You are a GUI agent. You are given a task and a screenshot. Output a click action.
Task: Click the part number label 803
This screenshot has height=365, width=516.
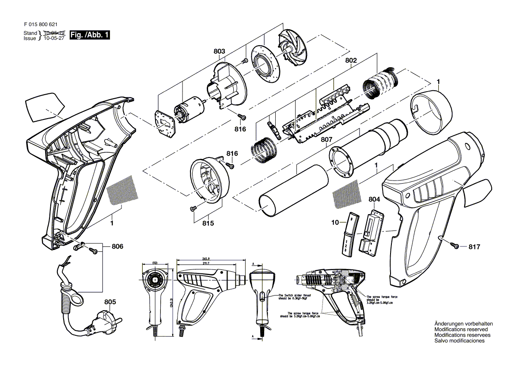219,52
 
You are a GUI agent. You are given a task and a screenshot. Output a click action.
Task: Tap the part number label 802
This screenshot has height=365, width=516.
351,60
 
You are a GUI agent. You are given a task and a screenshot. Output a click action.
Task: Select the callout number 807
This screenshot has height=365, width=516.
326,140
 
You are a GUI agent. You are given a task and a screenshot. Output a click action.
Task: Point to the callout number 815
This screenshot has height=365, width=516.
208,223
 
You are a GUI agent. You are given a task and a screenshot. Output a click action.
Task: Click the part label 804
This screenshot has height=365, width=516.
374,200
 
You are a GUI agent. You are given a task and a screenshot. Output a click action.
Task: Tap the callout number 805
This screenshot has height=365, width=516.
110,302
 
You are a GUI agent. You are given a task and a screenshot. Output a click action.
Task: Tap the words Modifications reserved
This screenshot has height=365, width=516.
461,330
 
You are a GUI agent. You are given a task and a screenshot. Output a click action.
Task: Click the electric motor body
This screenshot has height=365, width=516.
188,109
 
